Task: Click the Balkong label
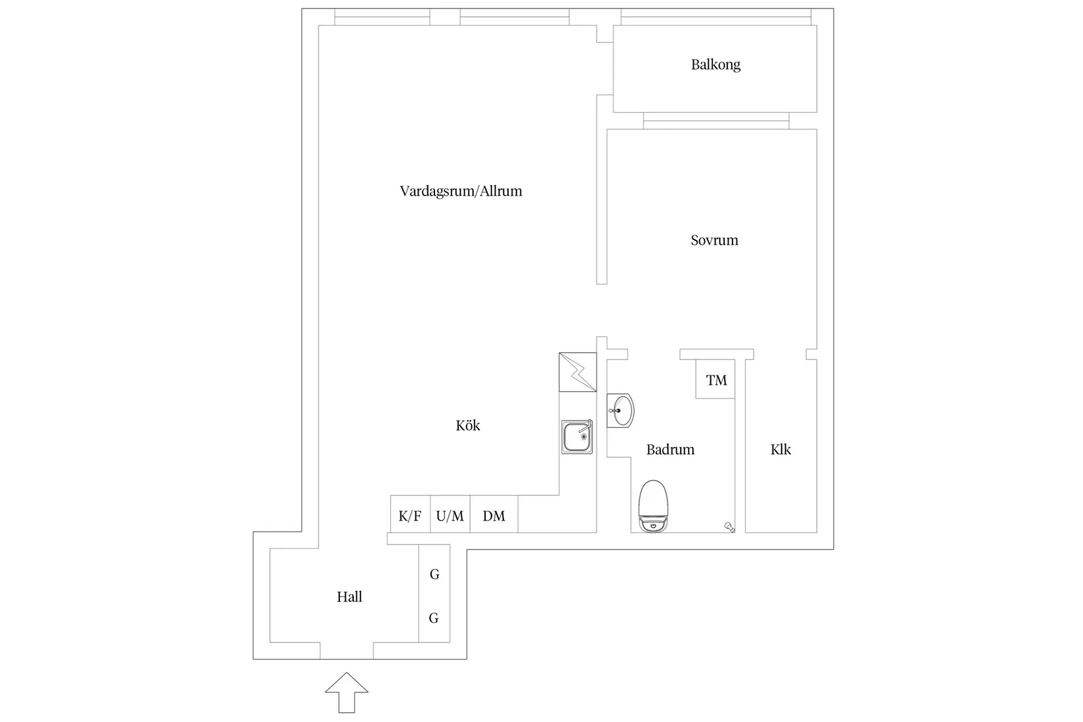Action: click(x=715, y=64)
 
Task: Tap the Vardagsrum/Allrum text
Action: click(x=461, y=191)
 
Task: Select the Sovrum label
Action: click(x=714, y=240)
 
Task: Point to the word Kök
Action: click(x=468, y=425)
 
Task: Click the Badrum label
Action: click(x=670, y=450)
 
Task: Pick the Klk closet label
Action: click(x=780, y=450)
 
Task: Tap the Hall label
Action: click(x=349, y=597)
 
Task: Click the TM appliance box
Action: click(x=716, y=380)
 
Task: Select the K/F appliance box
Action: click(x=410, y=515)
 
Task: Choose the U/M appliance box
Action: click(x=450, y=515)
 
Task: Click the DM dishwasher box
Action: click(x=494, y=515)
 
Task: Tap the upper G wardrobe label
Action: click(x=435, y=574)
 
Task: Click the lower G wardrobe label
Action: click(x=434, y=618)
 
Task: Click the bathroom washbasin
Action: click(x=620, y=411)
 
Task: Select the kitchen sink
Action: click(x=578, y=437)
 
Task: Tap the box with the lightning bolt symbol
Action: click(x=578, y=372)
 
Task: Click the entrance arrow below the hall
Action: click(x=347, y=692)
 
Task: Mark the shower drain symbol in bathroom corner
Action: click(x=729, y=526)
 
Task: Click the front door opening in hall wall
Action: click(x=347, y=650)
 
